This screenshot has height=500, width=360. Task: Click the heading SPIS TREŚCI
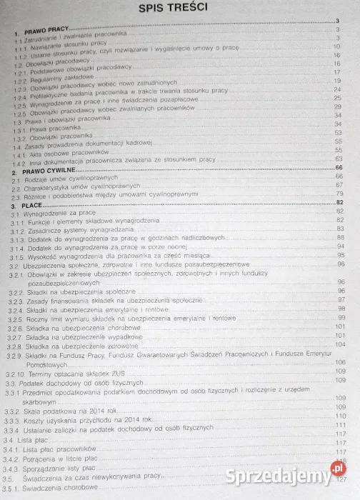(179, 10)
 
